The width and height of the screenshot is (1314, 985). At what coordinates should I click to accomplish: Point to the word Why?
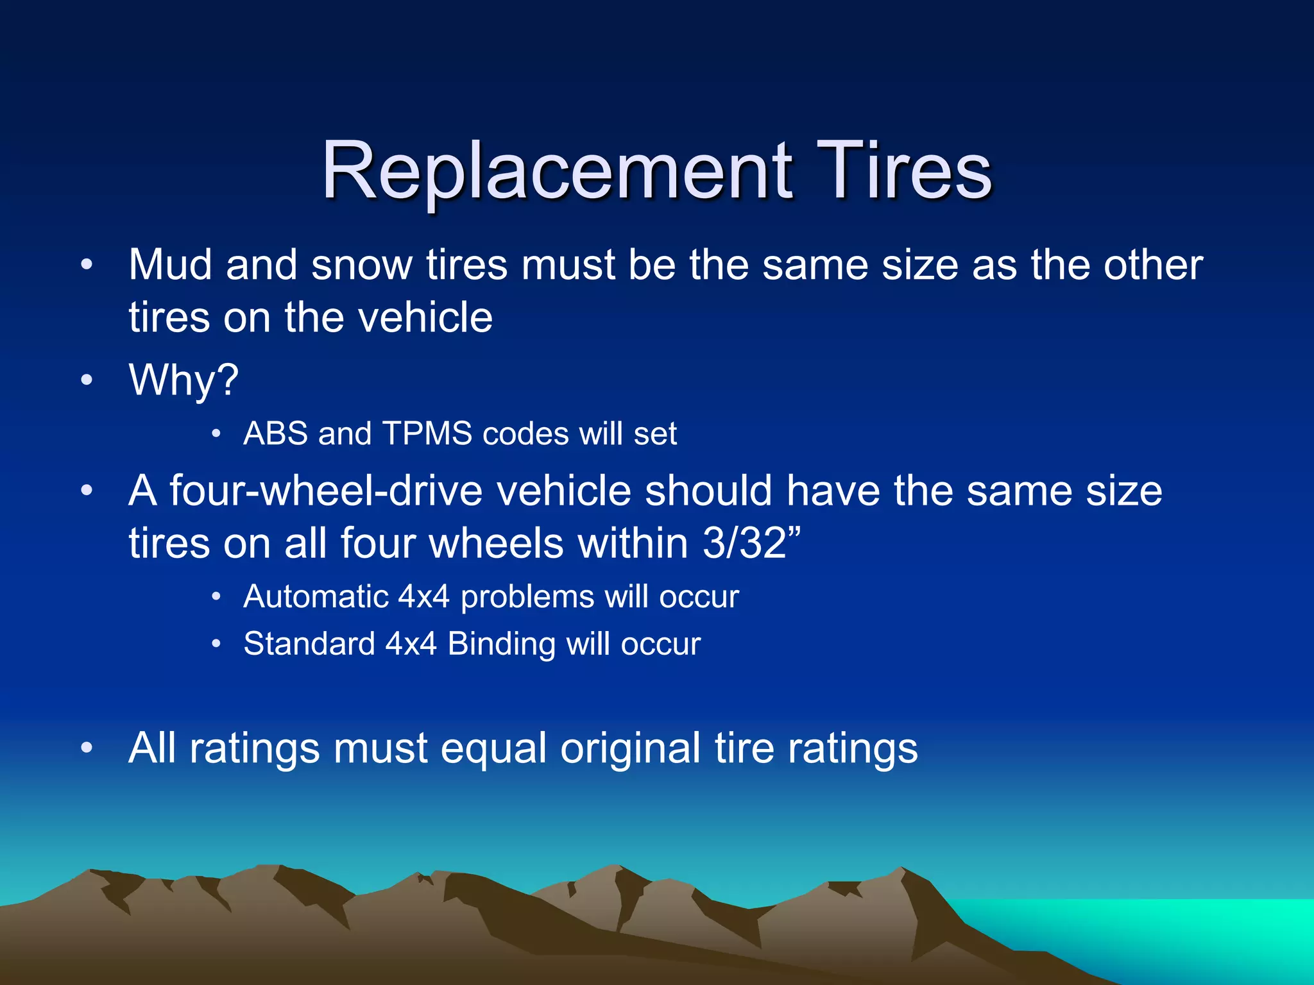coord(183,380)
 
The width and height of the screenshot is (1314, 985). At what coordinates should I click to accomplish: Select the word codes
coord(525,434)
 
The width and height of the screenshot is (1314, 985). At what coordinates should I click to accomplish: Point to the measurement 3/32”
coord(751,543)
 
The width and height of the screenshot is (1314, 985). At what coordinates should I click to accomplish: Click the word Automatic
coord(316,597)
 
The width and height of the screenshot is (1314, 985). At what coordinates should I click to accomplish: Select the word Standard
coord(309,644)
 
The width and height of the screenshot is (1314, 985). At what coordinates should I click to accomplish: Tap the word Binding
coord(501,644)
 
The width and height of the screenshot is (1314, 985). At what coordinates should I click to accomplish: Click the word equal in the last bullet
coord(493,749)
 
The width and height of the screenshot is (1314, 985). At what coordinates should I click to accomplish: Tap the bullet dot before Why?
coord(87,380)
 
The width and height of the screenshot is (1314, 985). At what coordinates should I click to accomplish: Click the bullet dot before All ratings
coord(87,748)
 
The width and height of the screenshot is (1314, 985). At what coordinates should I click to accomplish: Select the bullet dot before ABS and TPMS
coord(216,435)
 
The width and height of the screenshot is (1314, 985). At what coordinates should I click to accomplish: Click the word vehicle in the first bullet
coord(425,318)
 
